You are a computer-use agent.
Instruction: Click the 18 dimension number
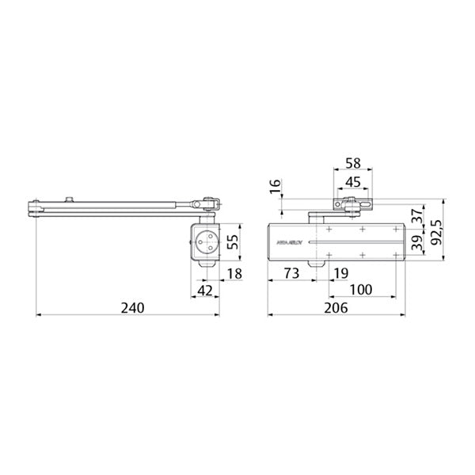[x=235, y=274]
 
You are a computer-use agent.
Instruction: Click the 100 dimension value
[x=360, y=290]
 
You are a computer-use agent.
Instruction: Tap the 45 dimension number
[x=353, y=181]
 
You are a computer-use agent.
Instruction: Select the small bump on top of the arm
[x=72, y=198]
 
